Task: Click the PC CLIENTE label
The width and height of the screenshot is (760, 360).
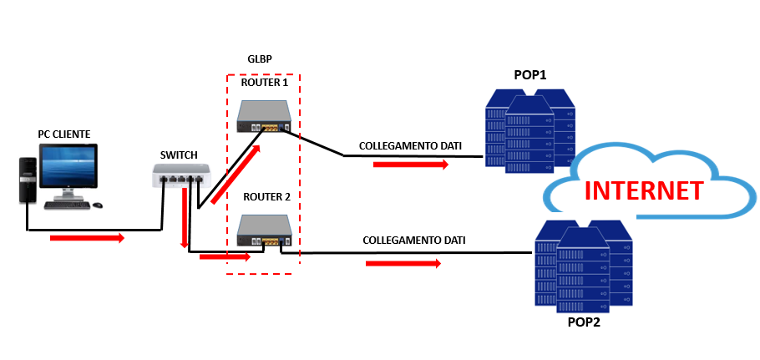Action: pos(63,134)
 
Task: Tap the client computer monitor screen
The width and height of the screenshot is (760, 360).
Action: pos(68,170)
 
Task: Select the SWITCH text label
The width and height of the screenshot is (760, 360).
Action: pos(179,155)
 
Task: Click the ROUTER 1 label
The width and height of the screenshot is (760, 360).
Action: pos(264,83)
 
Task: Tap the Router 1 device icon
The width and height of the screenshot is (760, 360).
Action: pos(263,117)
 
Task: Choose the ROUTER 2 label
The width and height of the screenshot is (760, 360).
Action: pos(266,197)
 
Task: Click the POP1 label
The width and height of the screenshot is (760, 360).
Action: pos(530,75)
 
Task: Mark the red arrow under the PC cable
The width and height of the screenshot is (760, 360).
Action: pos(87,239)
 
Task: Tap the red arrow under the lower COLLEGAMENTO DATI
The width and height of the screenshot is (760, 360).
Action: pos(403,263)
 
